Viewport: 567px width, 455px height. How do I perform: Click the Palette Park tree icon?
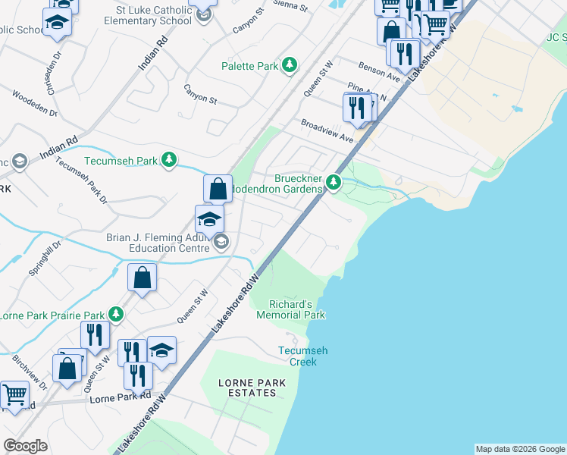point(289,66)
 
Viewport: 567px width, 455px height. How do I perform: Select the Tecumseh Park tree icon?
point(172,159)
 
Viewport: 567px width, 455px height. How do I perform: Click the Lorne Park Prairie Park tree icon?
point(115,313)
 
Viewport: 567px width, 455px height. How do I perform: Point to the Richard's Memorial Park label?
point(297,309)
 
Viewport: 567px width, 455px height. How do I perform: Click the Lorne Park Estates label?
point(252,388)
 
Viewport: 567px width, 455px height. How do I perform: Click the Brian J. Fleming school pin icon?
point(210,220)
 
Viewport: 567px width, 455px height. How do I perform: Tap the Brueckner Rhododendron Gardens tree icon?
point(334,181)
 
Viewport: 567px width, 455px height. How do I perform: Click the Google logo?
point(26,446)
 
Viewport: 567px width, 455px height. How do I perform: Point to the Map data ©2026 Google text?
point(520,449)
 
